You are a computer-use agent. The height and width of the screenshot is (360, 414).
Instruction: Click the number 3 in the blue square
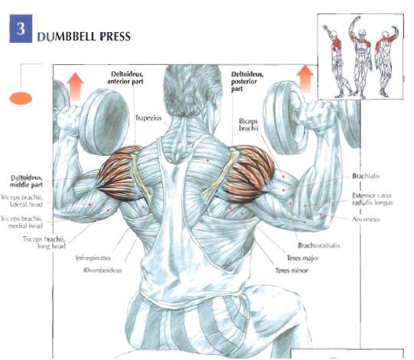(21, 28)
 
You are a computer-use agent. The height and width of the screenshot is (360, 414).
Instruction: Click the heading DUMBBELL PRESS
(84, 37)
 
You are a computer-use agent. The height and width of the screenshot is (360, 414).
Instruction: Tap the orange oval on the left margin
(21, 99)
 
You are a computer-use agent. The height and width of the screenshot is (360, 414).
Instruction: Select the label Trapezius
(148, 118)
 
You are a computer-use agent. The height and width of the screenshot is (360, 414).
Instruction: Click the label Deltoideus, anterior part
(126, 77)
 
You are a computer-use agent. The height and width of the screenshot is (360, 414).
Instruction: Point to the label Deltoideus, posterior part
(247, 82)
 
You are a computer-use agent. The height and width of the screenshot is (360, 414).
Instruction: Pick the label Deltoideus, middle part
(26, 181)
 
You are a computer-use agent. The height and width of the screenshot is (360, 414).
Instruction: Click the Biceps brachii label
(248, 125)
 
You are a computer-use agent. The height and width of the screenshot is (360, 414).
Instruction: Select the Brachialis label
(366, 176)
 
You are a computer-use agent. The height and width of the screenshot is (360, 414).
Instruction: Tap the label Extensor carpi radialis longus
(372, 199)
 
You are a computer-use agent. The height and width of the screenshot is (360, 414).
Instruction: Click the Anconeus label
(366, 219)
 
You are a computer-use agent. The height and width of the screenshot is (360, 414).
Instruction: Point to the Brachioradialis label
(318, 245)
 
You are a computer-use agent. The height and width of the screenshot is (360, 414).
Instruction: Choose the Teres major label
(303, 258)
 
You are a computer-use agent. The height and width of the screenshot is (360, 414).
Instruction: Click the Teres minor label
(292, 271)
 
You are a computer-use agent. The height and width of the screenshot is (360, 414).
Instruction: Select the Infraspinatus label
(93, 258)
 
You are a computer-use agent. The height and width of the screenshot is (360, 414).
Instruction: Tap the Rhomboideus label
(103, 270)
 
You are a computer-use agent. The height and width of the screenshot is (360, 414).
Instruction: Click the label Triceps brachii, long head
(44, 242)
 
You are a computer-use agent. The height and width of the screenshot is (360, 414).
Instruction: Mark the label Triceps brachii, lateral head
(21, 200)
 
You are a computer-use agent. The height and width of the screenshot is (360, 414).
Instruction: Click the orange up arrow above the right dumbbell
(305, 79)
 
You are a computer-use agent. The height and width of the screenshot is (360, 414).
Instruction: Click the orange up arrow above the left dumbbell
(75, 86)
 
